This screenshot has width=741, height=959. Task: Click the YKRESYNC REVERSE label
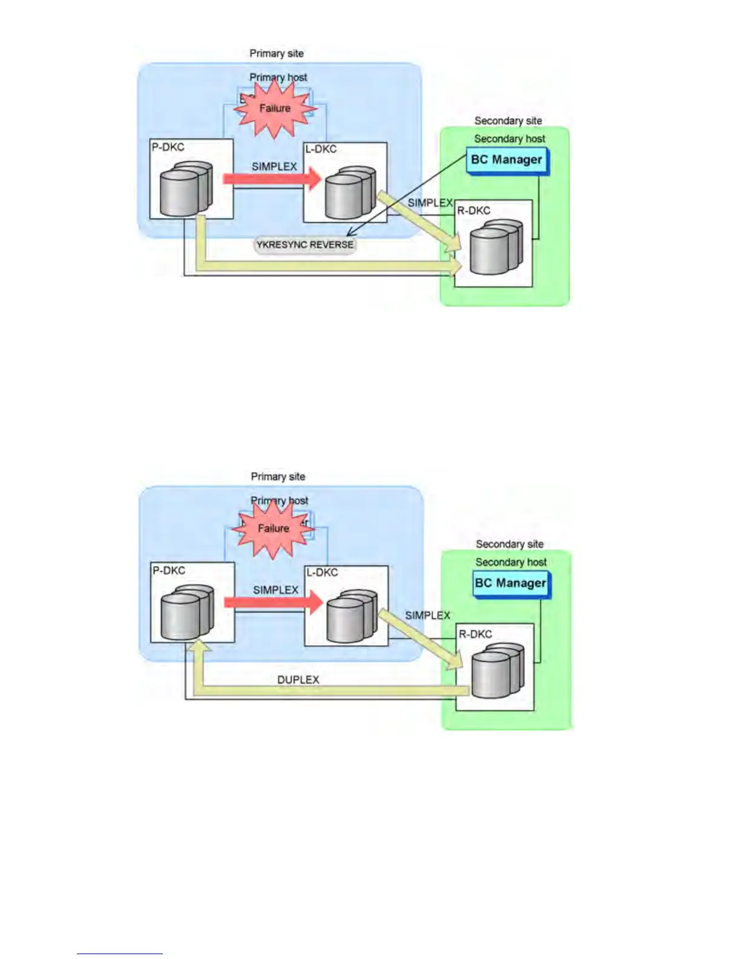click(x=305, y=245)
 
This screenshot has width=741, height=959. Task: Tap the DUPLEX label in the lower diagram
click(x=298, y=680)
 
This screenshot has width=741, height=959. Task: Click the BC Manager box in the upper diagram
click(x=507, y=160)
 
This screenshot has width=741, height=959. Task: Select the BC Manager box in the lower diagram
click(x=510, y=584)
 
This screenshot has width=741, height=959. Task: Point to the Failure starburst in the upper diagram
click(x=275, y=108)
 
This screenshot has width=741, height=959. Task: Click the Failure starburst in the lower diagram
click(x=274, y=529)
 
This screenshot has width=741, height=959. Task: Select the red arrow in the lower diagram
click(x=273, y=602)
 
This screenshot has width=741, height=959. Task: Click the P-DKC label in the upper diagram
click(x=168, y=147)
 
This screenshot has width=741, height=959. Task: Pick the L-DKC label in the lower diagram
click(x=322, y=573)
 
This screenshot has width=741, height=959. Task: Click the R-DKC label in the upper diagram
click(x=473, y=211)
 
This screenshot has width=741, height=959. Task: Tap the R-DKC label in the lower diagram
click(x=475, y=634)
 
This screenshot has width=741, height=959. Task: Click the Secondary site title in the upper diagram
click(x=508, y=121)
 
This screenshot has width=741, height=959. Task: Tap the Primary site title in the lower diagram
click(x=278, y=477)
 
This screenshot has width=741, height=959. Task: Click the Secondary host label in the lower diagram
click(x=511, y=562)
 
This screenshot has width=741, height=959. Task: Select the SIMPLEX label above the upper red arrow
click(x=274, y=166)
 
